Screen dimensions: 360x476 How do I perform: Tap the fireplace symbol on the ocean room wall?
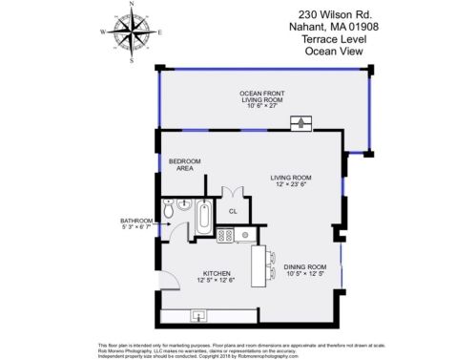click(x=302, y=121)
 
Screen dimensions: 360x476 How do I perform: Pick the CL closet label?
click(x=233, y=211)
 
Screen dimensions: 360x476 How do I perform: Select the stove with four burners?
click(x=225, y=234)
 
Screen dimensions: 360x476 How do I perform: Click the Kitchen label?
click(x=214, y=274)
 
